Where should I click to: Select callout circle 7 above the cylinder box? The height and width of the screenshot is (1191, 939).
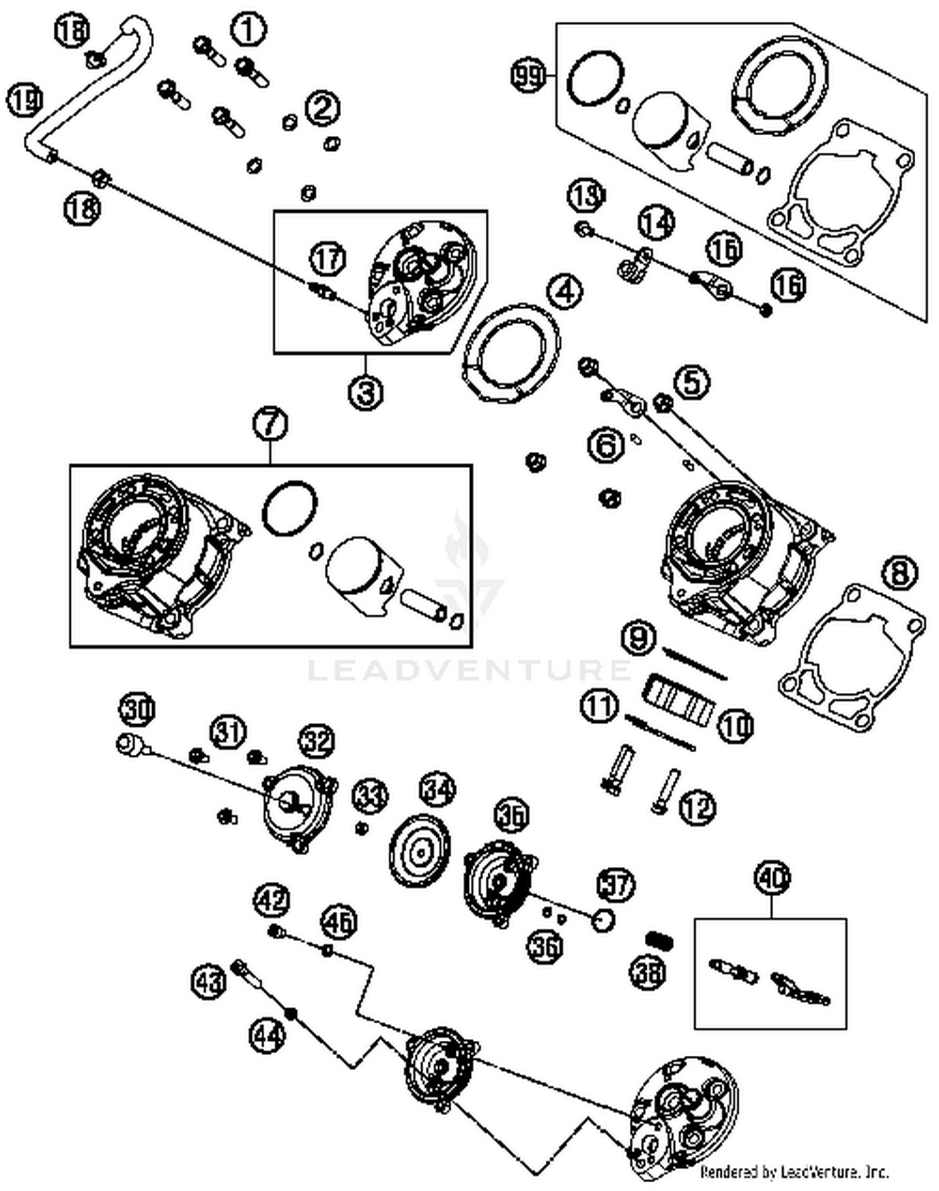tap(270, 424)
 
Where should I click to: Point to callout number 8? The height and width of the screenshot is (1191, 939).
tap(900, 573)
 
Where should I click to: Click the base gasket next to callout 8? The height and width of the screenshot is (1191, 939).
tap(851, 657)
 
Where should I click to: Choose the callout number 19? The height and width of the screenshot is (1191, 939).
tap(25, 101)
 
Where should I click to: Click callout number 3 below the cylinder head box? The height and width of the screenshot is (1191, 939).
tap(366, 393)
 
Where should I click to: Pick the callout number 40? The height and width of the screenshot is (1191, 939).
tap(772, 878)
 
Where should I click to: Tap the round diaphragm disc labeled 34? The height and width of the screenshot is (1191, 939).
tap(420, 851)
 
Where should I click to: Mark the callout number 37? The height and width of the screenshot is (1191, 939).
tap(616, 884)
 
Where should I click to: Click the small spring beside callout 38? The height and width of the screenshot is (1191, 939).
tap(659, 939)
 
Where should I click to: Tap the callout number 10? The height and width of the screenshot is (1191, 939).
tap(736, 726)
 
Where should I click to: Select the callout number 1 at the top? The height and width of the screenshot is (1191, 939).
tap(249, 30)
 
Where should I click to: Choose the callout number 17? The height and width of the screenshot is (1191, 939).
tap(328, 258)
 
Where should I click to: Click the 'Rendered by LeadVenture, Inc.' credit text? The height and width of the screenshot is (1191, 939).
tap(794, 1171)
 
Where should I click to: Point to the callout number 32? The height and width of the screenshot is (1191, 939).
tap(317, 742)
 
